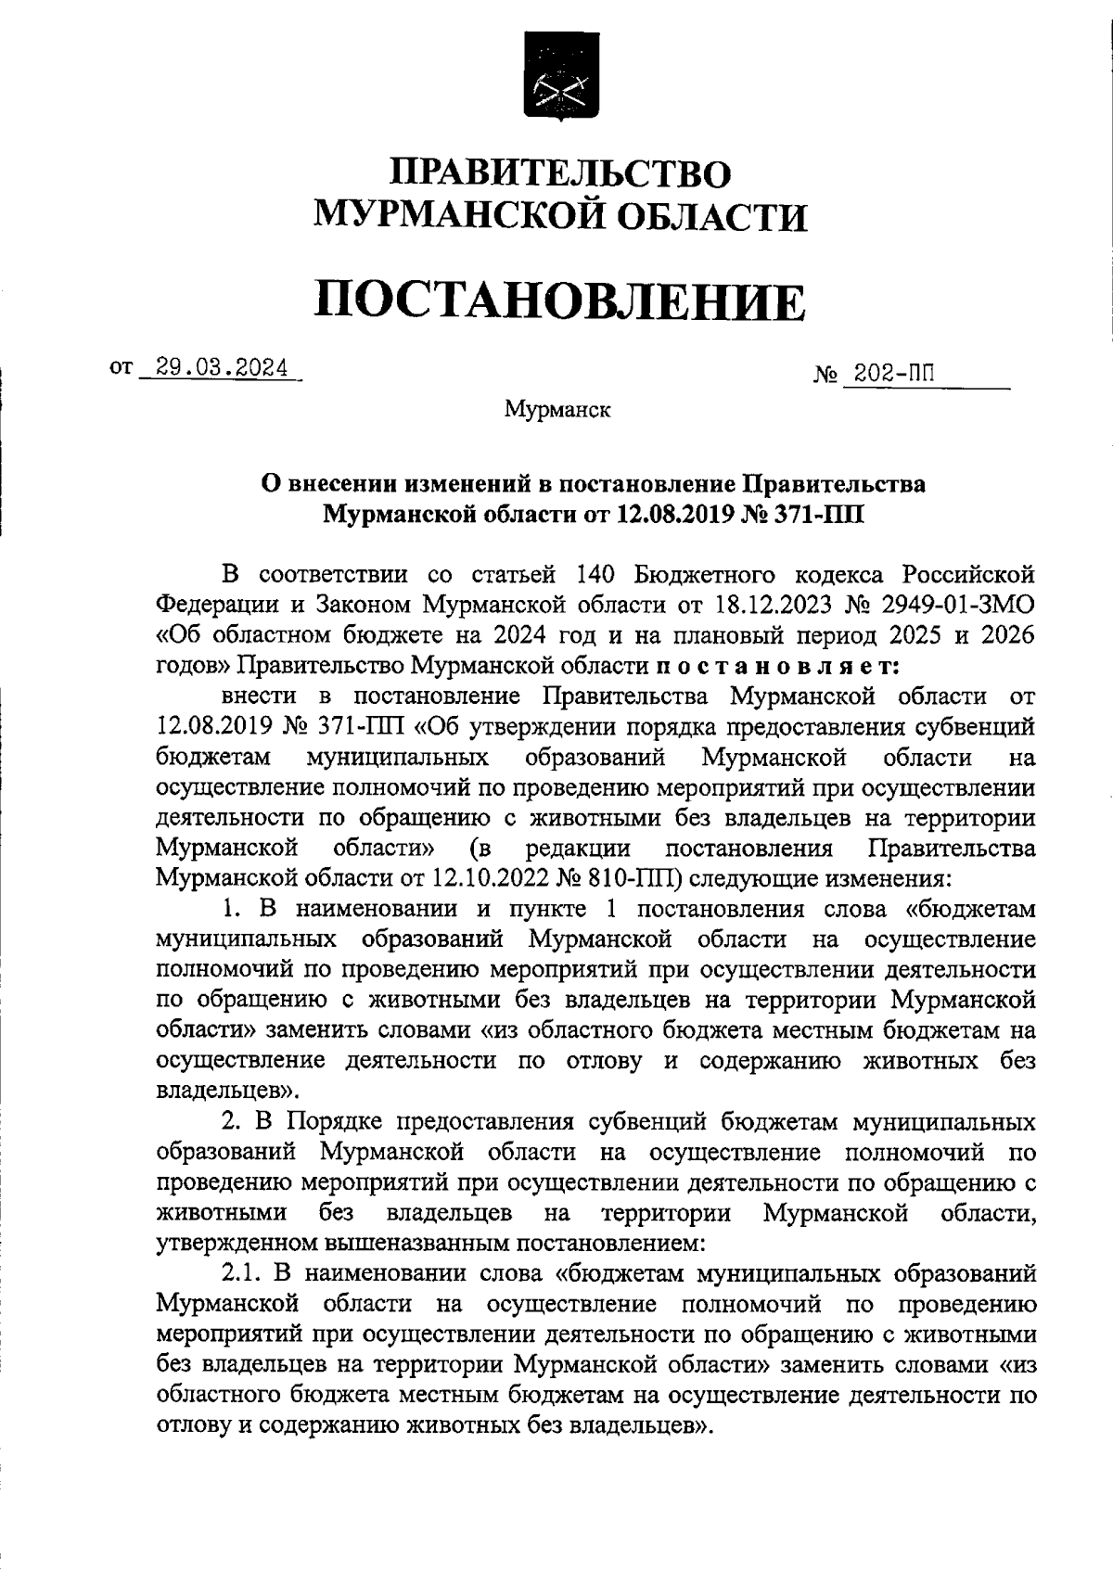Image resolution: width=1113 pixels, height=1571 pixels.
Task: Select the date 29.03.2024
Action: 221,367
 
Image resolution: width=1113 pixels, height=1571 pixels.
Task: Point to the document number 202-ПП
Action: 894,374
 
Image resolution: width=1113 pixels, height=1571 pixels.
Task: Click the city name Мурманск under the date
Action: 557,409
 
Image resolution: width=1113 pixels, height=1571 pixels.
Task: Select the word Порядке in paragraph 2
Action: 337,1123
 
